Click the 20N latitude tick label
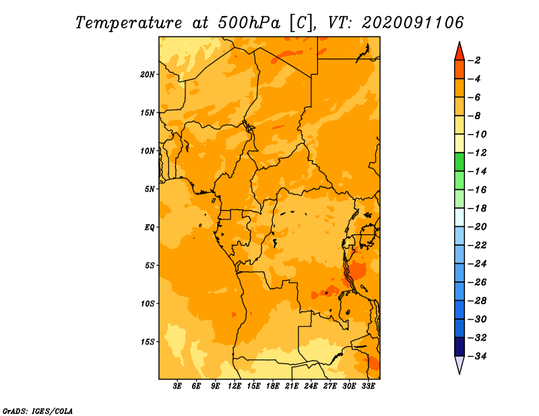point(148,75)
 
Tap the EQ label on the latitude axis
point(150,228)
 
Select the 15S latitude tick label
point(148,342)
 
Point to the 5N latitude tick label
point(150,189)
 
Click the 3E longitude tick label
point(177,386)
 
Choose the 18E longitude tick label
point(273,386)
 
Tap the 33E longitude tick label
point(368,386)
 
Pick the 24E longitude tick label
point(311,386)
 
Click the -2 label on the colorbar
point(474,61)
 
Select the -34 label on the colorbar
point(477,356)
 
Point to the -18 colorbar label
point(477,208)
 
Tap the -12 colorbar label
point(477,153)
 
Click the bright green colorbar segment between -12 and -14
point(459,162)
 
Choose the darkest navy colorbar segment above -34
point(459,347)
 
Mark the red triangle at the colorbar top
point(459,52)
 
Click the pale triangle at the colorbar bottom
point(459,365)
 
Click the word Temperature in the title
point(129,23)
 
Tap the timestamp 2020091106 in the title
point(413,23)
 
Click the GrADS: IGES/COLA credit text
point(38,411)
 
